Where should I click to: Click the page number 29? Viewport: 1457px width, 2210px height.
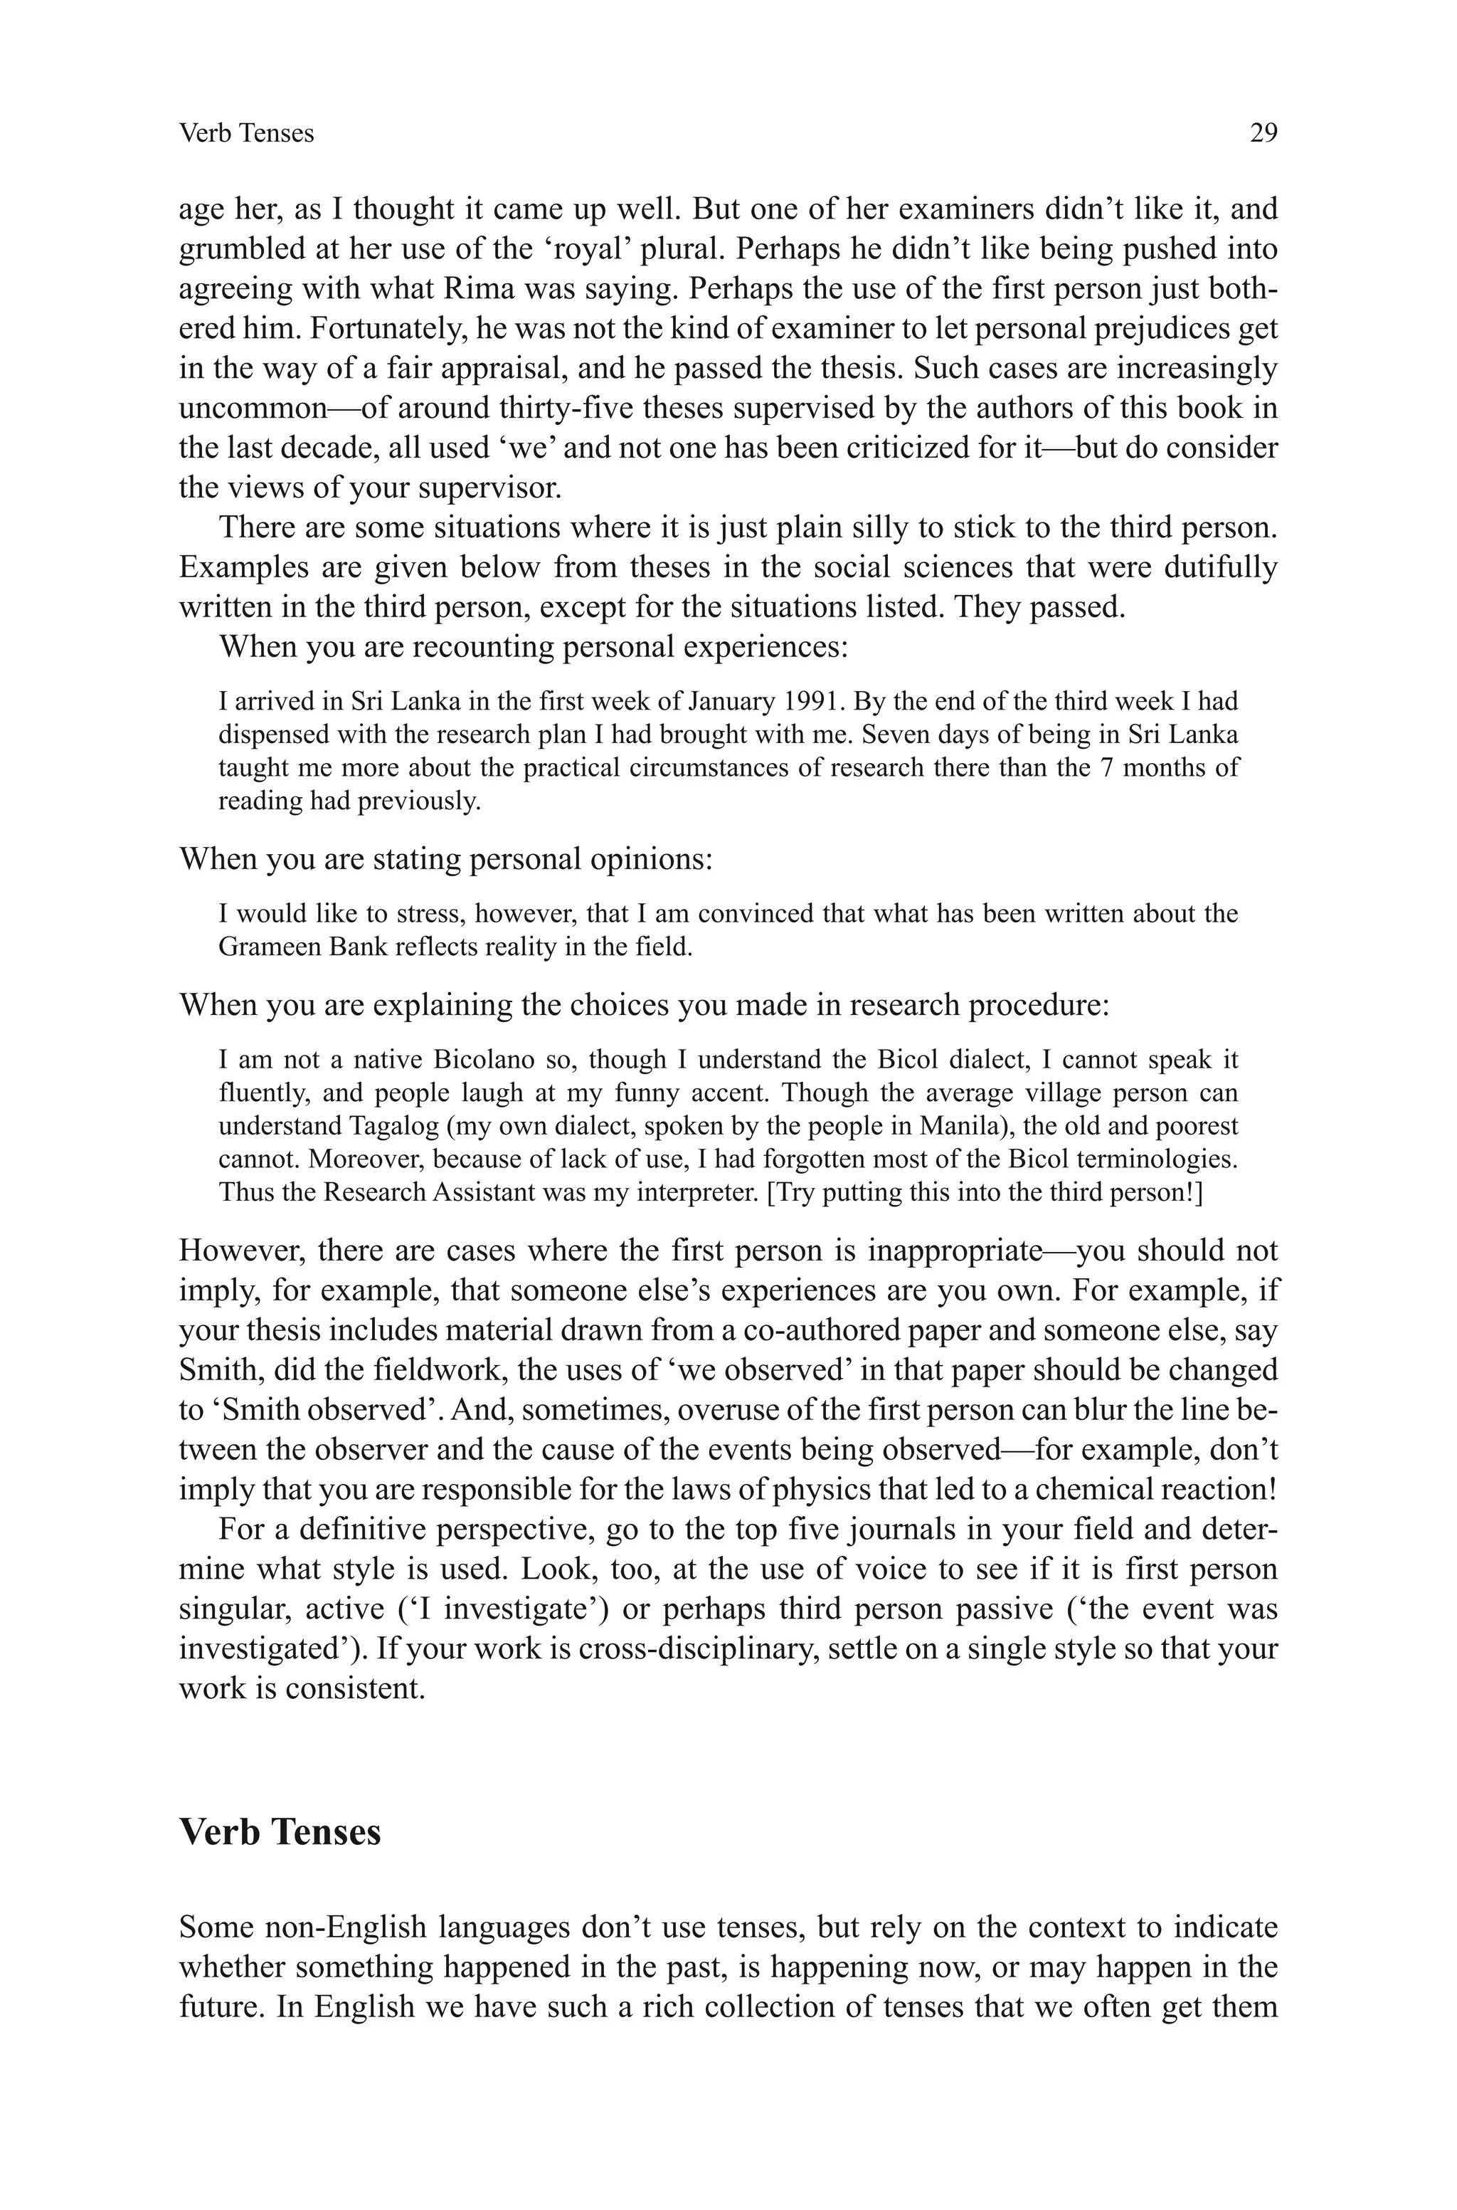pyautogui.click(x=1263, y=134)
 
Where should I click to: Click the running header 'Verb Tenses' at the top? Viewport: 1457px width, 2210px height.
pyautogui.click(x=246, y=134)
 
